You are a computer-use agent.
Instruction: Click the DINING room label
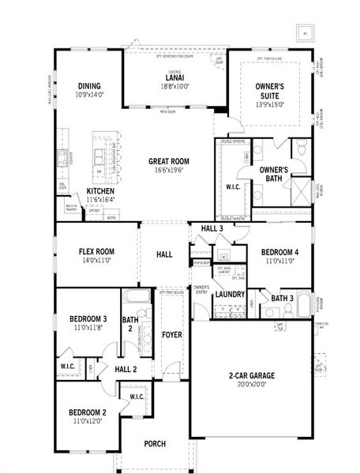tap(88, 86)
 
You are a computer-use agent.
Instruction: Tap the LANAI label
tap(174, 77)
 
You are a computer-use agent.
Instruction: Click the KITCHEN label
tap(103, 191)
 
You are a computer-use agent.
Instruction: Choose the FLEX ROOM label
tap(97, 251)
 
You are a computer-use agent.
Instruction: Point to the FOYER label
tap(172, 335)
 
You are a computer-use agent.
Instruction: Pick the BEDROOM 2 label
tap(86, 412)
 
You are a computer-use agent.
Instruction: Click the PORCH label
tap(156, 444)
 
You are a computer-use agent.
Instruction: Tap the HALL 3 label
tap(212, 228)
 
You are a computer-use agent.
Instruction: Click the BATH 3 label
tap(282, 298)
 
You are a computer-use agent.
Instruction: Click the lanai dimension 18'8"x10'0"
tap(174, 85)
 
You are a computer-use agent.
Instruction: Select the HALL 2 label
tap(126, 368)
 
